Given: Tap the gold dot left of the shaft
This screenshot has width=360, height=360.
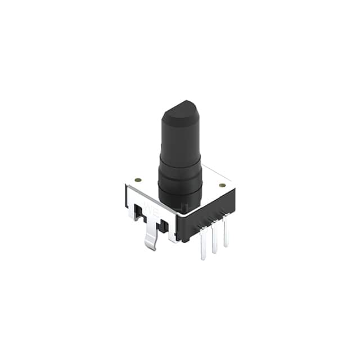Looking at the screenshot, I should pyautogui.click(x=138, y=181).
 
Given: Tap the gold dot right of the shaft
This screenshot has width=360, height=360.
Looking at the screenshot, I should pyautogui.click(x=222, y=185).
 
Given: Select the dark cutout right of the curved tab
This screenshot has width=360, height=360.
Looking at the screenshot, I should pyautogui.click(x=164, y=226).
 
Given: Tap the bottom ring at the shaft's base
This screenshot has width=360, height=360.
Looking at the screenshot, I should pyautogui.click(x=180, y=194).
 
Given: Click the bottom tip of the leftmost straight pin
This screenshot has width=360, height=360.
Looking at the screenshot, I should pyautogui.click(x=203, y=259).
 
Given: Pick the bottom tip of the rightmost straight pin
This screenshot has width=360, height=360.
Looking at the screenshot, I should pyautogui.click(x=226, y=245).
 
